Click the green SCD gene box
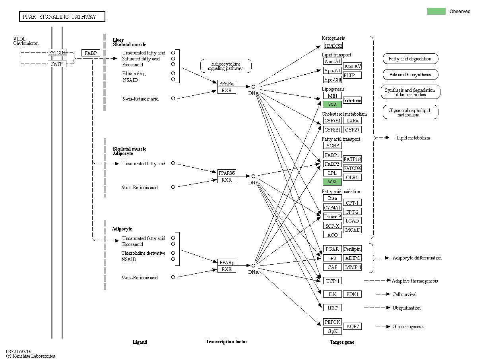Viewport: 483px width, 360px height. point(332,105)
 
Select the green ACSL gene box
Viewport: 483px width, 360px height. point(332,182)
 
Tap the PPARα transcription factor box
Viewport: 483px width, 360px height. point(227,83)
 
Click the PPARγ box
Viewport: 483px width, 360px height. point(227,262)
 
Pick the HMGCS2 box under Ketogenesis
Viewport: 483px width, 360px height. point(333,46)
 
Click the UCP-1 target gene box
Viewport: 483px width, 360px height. point(332,281)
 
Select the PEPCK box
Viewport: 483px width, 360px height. point(332,322)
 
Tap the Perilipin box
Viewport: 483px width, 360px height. point(352,249)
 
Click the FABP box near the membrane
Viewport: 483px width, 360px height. point(91,53)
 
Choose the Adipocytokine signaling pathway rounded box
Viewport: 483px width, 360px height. point(226,66)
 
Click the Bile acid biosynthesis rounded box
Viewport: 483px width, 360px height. point(410,74)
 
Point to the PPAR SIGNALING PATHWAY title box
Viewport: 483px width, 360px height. point(62,17)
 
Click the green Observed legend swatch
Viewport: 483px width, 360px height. point(436,11)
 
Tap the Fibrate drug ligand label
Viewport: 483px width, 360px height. point(134,74)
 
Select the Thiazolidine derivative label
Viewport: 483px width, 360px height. point(143,253)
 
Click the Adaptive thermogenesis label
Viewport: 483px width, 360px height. point(415,281)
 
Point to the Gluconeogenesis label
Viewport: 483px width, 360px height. point(408,327)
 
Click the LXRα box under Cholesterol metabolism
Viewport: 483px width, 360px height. point(352,121)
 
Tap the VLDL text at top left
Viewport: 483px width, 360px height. point(19,39)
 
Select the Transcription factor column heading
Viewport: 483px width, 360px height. point(226,342)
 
